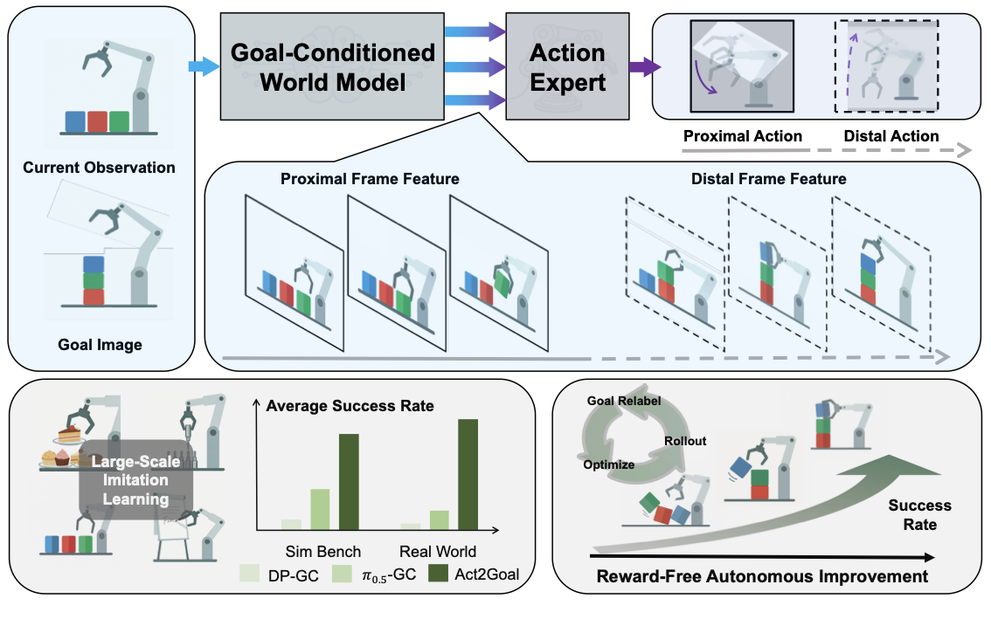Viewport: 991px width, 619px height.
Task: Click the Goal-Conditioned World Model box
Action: (331, 67)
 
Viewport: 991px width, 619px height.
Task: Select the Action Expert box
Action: (567, 67)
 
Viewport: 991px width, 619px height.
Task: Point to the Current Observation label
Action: (99, 167)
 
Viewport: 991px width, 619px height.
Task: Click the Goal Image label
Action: (100, 344)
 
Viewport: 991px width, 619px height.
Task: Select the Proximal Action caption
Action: (743, 136)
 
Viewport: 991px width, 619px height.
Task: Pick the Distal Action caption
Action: (891, 136)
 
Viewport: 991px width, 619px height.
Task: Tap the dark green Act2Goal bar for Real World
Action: (468, 474)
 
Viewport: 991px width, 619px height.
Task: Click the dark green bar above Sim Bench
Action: (350, 482)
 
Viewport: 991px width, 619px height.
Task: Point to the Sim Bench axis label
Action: (323, 551)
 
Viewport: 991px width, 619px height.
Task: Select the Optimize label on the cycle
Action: (609, 464)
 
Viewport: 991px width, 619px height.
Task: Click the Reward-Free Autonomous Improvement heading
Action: (761, 576)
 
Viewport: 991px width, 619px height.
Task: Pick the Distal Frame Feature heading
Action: (768, 179)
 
